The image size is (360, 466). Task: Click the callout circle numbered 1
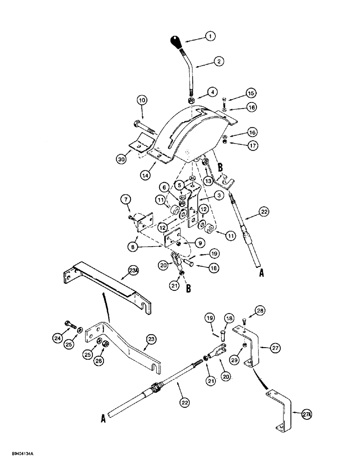click(x=211, y=36)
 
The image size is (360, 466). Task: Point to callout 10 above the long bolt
click(x=142, y=100)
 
